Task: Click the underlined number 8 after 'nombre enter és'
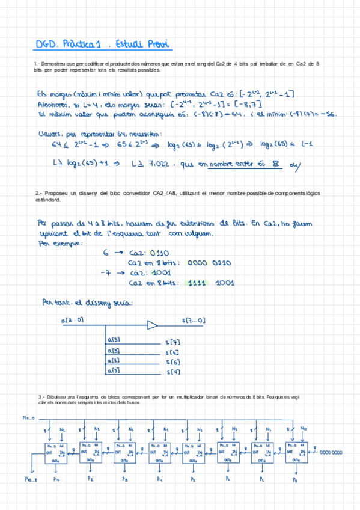275,164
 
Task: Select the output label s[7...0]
194,321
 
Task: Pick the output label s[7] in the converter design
172,342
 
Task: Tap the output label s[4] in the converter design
172,372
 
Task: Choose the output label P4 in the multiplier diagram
160,479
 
